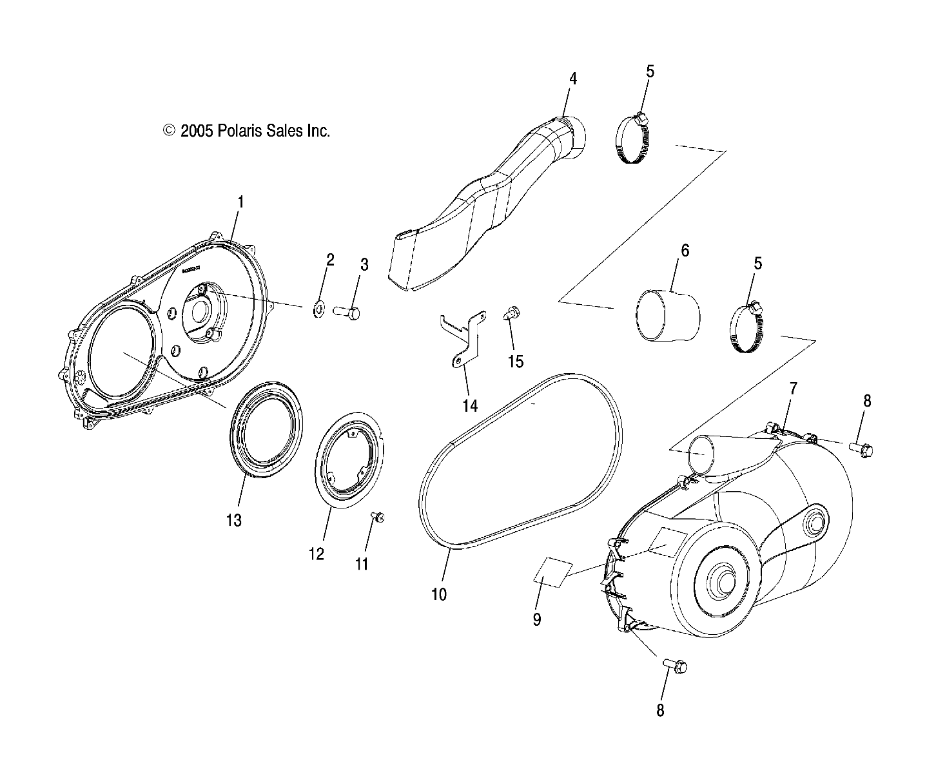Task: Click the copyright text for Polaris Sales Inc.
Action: pos(247,131)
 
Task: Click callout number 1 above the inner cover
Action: pos(240,202)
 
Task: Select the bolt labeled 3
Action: pos(347,312)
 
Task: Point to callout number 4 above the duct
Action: pos(572,79)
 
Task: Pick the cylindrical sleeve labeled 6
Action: pos(668,315)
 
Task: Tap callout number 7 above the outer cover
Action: pos(794,388)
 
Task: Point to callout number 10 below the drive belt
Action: pos(438,594)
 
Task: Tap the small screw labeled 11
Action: pos(379,517)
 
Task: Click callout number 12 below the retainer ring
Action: pos(317,554)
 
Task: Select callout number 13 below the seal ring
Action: pos(233,519)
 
